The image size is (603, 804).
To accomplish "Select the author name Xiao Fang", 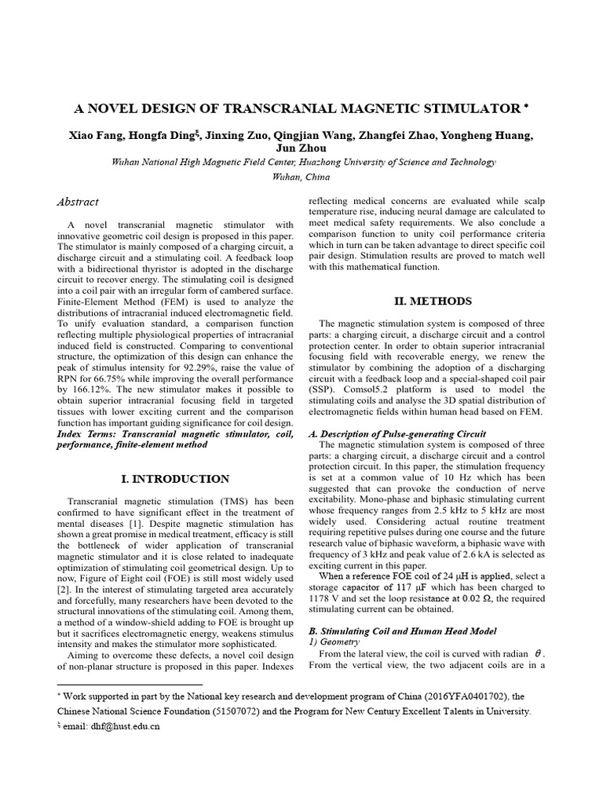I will pyautogui.click(x=91, y=135).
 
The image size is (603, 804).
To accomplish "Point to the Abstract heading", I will pyautogui.click(x=78, y=202).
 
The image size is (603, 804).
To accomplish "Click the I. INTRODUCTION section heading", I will pyautogui.click(x=174, y=479).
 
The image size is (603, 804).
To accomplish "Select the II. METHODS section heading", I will pyautogui.click(x=432, y=301).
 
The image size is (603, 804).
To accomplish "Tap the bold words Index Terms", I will pyautogui.click(x=87, y=433).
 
